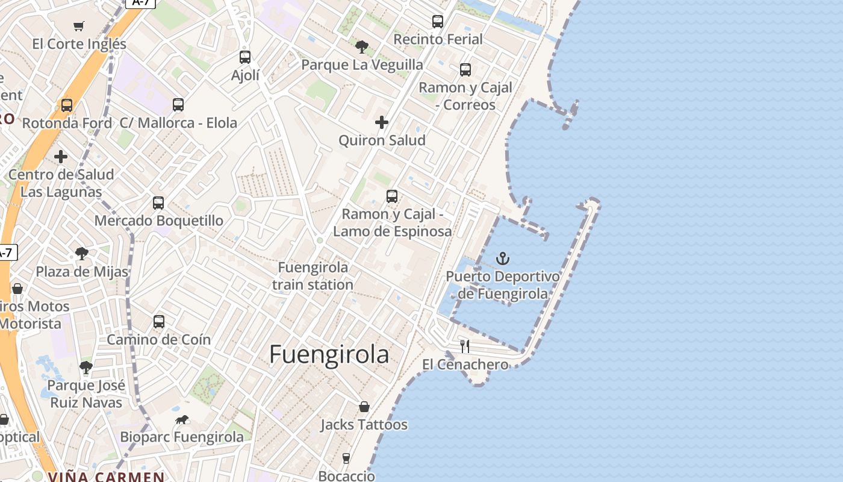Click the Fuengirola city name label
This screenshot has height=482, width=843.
tap(329, 354)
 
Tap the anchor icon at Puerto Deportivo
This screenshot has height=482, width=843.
tap(502, 259)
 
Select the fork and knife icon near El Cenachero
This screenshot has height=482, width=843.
tap(465, 346)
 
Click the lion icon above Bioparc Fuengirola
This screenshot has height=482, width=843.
tap(181, 419)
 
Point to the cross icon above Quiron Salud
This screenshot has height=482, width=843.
tap(382, 123)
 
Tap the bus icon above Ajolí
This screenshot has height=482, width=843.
tap(245, 57)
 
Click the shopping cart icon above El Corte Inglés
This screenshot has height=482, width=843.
tap(79, 26)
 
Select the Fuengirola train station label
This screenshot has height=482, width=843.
tap(313, 276)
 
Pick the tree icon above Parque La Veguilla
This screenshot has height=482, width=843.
tap(362, 46)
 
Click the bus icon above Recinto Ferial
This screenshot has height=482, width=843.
tap(438, 22)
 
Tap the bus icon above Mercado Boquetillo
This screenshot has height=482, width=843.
tap(158, 203)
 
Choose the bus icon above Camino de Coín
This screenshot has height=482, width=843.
tap(159, 322)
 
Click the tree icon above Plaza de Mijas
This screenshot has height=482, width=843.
tap(82, 254)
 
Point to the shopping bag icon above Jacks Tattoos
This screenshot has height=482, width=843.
tap(364, 407)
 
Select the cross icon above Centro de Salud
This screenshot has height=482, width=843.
tap(61, 157)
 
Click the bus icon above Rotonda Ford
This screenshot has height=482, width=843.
tap(67, 105)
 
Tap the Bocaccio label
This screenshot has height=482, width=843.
tap(346, 475)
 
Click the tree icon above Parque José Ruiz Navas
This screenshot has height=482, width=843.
tap(86, 367)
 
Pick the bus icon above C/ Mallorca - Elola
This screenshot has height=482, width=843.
tap(178, 105)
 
